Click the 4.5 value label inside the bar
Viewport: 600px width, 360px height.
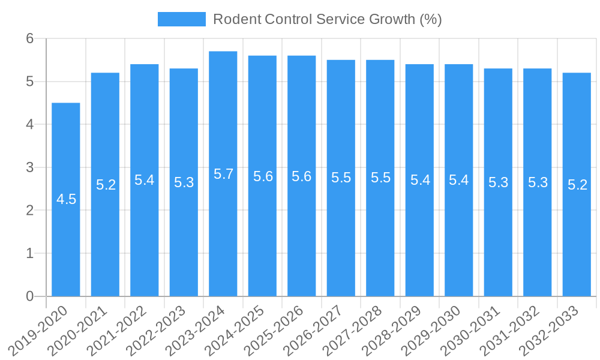click(x=66, y=199)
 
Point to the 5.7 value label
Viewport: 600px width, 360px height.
click(x=223, y=174)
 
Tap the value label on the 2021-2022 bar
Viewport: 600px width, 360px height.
click(x=145, y=180)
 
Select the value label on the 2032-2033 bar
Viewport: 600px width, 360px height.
click(x=577, y=185)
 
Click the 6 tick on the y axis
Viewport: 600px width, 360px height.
click(x=30, y=38)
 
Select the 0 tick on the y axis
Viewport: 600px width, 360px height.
click(x=30, y=296)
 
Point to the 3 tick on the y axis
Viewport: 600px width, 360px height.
click(x=30, y=167)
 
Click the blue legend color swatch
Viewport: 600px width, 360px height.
click(x=181, y=19)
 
